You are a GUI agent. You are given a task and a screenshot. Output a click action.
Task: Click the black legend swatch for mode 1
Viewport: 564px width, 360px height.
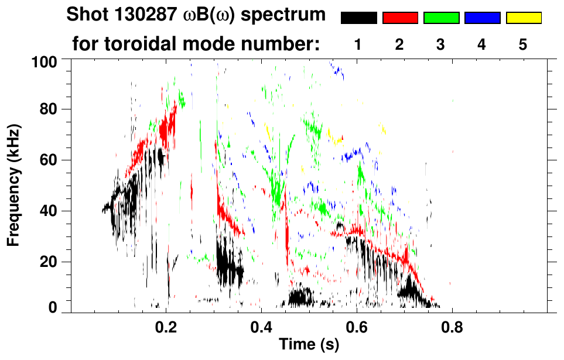tap(358, 18)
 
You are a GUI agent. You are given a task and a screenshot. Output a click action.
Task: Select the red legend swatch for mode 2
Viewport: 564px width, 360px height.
tap(400, 18)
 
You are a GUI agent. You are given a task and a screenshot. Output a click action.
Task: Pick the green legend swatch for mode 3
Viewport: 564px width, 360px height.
tap(441, 18)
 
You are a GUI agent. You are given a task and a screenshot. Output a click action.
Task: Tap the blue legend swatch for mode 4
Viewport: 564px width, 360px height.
tap(482, 18)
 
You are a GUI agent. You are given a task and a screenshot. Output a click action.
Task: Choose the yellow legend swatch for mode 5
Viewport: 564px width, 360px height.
tap(524, 18)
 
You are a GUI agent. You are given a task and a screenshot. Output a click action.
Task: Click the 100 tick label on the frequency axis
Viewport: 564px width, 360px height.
tap(45, 61)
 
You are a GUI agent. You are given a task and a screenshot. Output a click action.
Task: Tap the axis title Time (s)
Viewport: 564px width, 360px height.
tap(309, 345)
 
